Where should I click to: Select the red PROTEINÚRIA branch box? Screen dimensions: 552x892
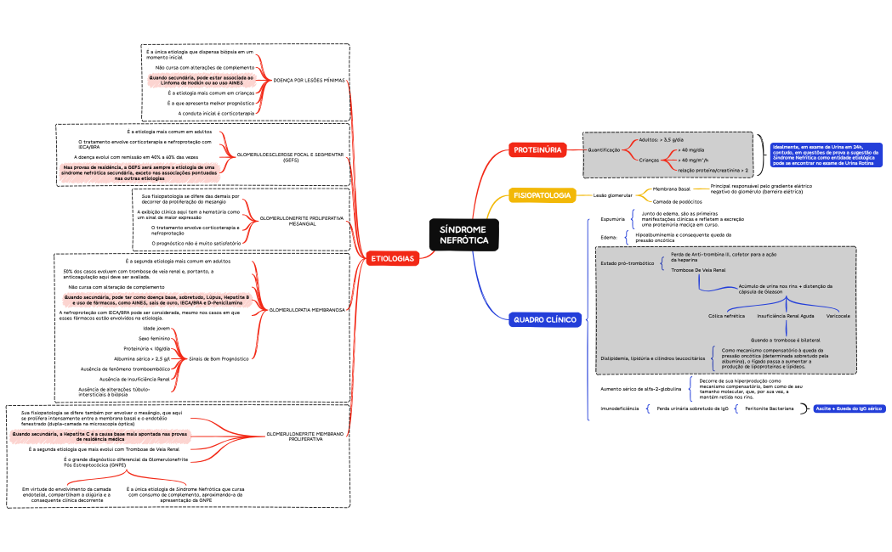537,150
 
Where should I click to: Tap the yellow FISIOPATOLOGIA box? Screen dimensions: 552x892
542,195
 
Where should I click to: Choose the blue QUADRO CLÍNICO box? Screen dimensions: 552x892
544,320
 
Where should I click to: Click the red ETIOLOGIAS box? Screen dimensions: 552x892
392,258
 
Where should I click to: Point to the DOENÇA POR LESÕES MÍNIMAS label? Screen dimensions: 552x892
309,80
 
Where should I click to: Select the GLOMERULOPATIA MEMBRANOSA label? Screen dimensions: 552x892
306,310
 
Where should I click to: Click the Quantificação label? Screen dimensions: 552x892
605,149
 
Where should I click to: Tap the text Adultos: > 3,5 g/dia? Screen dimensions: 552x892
661,139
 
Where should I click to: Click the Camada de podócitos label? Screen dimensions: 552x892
677,201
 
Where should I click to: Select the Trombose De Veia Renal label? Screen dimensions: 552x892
697,269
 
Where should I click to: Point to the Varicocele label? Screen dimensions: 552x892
838,315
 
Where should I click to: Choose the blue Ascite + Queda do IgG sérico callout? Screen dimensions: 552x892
849,408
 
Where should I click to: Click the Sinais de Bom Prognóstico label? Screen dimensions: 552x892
219,358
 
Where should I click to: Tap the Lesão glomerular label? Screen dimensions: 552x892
612,195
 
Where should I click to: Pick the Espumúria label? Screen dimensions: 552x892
612,219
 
